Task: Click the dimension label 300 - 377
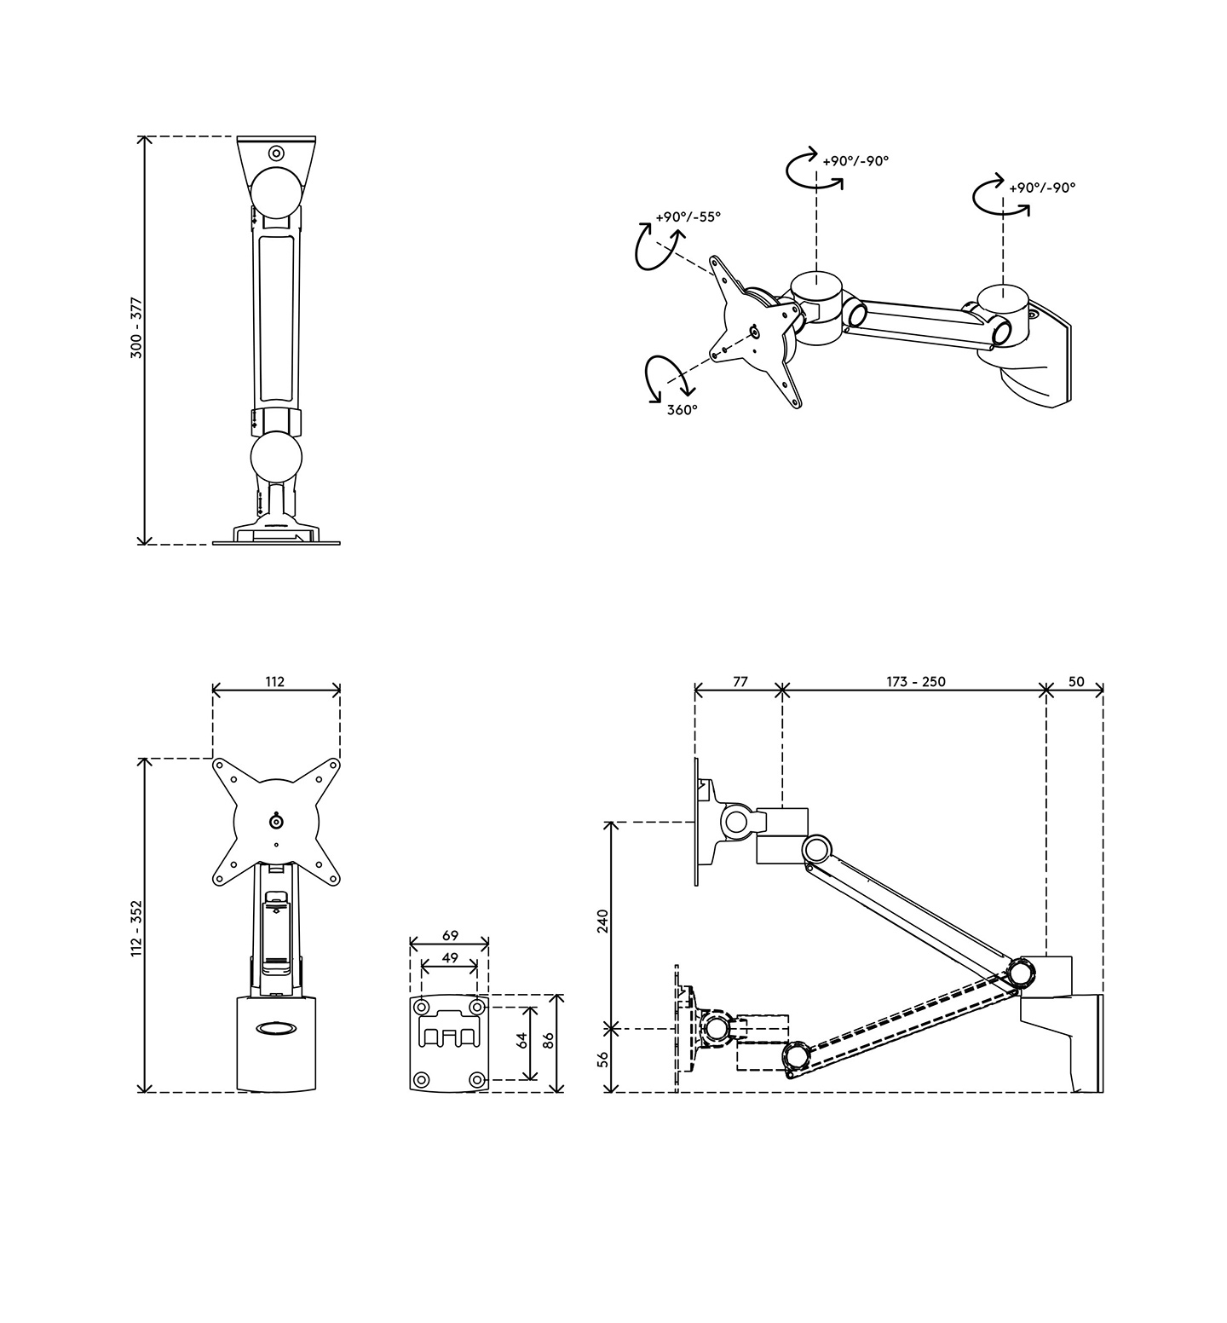(x=136, y=327)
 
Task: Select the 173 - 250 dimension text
(x=915, y=682)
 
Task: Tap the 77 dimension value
(x=740, y=682)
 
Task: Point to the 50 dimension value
(x=1075, y=682)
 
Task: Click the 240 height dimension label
(x=603, y=921)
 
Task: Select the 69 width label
(x=450, y=935)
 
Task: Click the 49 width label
(x=450, y=958)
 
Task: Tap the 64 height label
(x=522, y=1040)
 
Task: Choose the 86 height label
(x=549, y=1040)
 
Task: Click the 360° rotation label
(x=682, y=409)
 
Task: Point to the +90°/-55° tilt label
(x=688, y=217)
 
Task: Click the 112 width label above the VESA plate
(x=274, y=681)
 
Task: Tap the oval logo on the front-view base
(x=276, y=1029)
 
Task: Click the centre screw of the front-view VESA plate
(x=276, y=821)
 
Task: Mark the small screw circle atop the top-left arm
(x=276, y=153)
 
